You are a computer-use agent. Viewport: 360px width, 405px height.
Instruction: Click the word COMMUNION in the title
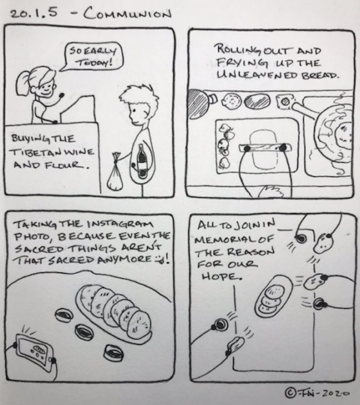coord(127,14)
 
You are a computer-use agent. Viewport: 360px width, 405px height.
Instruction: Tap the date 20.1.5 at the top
coord(34,13)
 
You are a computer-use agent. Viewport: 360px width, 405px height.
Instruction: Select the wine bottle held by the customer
coord(141,161)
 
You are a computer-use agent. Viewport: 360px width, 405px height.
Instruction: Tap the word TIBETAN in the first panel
coord(34,152)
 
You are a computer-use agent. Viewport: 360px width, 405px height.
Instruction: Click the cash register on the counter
coord(78,109)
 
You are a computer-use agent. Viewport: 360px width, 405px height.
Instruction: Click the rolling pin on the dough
coord(265,148)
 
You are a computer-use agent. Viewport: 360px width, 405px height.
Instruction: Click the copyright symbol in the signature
coord(289,393)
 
